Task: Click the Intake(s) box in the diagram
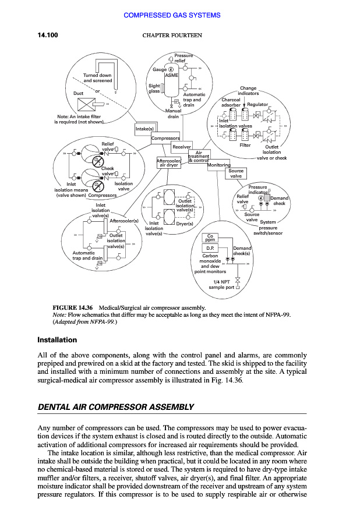144,128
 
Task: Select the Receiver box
182,147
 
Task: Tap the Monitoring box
219,165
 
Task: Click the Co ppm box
211,238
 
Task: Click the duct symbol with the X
88,105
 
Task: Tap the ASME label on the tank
172,76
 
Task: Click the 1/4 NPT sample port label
221,284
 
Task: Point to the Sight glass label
154,88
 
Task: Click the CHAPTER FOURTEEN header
172,36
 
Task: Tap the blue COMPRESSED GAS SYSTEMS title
172,15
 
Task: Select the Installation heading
57,340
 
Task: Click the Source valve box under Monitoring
236,174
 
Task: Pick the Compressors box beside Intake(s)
165,139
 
